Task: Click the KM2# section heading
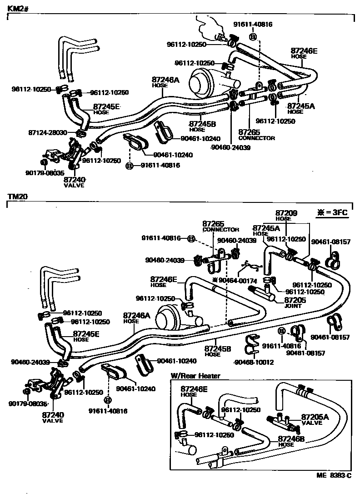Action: point(17,8)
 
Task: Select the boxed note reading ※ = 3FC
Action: point(334,212)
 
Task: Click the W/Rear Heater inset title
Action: point(195,376)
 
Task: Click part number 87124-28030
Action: point(47,132)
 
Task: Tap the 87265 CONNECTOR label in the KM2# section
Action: point(256,134)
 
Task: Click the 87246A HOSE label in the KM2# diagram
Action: point(165,81)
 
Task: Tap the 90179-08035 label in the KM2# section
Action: point(45,172)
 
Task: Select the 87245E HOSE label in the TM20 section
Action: point(86,336)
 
